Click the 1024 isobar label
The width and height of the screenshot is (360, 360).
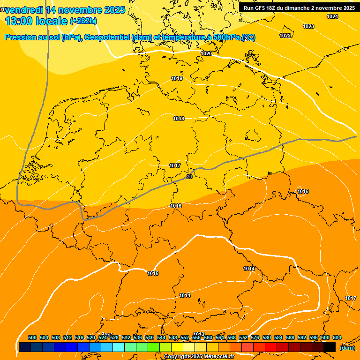tap(332, 16)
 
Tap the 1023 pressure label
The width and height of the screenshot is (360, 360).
tap(308, 26)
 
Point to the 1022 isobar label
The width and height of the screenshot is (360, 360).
tap(285, 36)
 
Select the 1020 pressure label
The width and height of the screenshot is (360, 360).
tap(206, 53)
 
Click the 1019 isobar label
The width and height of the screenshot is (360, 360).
tap(177, 78)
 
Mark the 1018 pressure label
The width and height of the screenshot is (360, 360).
tap(179, 119)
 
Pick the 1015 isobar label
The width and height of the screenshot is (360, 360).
tap(153, 273)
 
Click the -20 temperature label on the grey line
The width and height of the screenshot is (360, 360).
tap(189, 177)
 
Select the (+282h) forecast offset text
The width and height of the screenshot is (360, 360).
tap(83, 21)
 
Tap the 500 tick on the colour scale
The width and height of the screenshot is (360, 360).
tap(32, 337)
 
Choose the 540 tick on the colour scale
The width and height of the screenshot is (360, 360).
tap(150, 337)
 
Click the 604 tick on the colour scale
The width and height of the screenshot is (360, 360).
tap(337, 337)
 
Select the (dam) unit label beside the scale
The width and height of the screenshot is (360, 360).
tap(347, 348)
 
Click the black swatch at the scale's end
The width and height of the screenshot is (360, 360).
tap(330, 347)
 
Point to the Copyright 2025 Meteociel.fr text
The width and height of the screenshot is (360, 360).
tap(198, 357)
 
